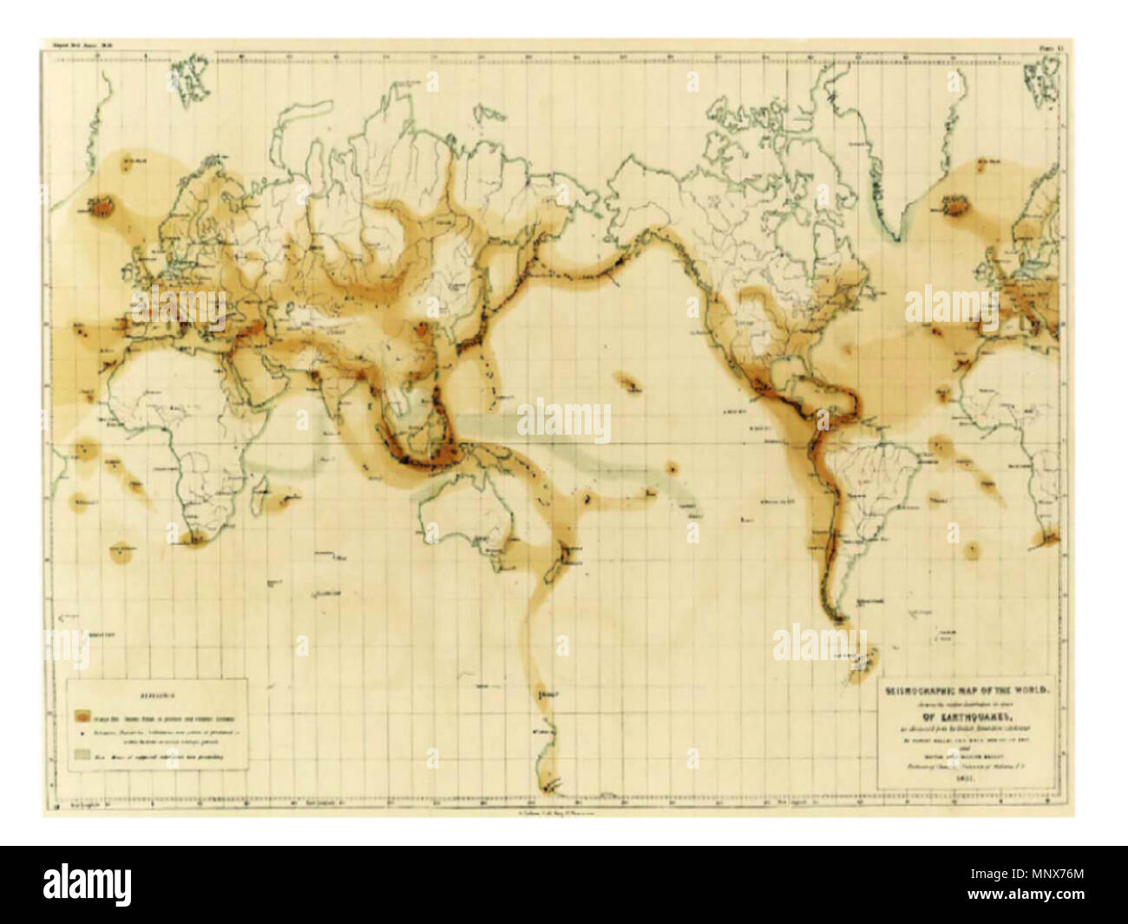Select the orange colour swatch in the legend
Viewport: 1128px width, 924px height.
[x=82, y=718]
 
